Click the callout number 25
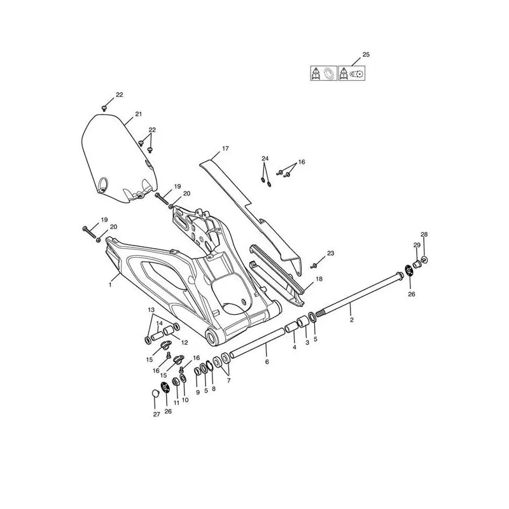click(366, 55)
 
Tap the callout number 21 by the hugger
click(139, 115)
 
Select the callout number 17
click(225, 148)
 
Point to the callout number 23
click(330, 253)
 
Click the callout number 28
click(424, 234)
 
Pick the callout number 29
click(417, 245)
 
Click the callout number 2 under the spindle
click(352, 320)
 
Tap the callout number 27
click(157, 414)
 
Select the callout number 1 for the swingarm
click(110, 285)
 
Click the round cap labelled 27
click(155, 393)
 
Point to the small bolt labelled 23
click(313, 266)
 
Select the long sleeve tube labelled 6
click(257, 343)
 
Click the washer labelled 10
click(183, 379)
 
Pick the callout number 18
click(319, 279)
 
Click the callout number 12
click(184, 342)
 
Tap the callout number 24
click(265, 158)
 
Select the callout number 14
click(160, 323)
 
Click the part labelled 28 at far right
click(424, 260)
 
